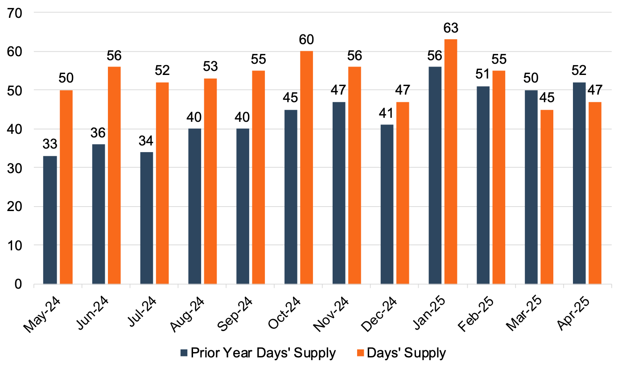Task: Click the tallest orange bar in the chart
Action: (451, 161)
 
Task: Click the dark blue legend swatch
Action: (184, 353)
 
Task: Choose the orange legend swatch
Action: (360, 353)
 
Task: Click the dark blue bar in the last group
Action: (579, 183)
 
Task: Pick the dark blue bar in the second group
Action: (99, 214)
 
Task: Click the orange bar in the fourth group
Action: (210, 181)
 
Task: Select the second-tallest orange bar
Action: (306, 167)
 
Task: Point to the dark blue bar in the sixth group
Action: (291, 197)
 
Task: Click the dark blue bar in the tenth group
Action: (483, 185)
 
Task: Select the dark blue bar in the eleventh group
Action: (531, 187)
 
